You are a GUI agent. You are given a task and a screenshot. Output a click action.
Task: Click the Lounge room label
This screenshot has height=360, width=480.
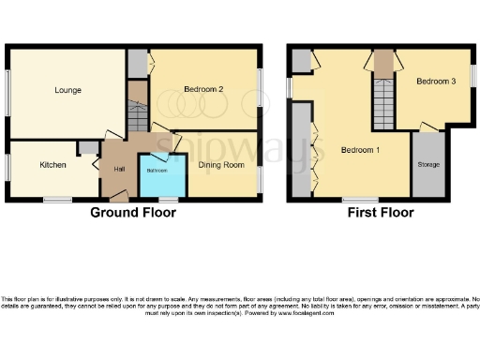point(67,90)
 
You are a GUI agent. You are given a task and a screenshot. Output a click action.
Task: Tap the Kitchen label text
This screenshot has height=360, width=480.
point(52,165)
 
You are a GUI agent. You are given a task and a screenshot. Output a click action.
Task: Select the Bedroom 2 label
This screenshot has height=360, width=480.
point(202,89)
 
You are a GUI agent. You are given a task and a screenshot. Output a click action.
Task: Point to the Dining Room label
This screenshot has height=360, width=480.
point(221,165)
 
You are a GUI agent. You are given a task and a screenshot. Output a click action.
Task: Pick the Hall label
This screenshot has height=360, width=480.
point(119,169)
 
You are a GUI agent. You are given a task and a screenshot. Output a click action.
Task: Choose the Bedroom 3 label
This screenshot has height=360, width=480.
point(436,82)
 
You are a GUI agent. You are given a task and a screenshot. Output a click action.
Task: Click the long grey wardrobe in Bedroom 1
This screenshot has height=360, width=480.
point(301,150)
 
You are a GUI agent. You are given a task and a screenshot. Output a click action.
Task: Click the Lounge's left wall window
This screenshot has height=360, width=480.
point(8,90)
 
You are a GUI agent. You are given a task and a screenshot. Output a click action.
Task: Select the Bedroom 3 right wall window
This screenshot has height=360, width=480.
point(473,75)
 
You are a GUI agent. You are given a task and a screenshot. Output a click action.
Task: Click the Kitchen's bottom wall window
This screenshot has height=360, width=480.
point(57,199)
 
